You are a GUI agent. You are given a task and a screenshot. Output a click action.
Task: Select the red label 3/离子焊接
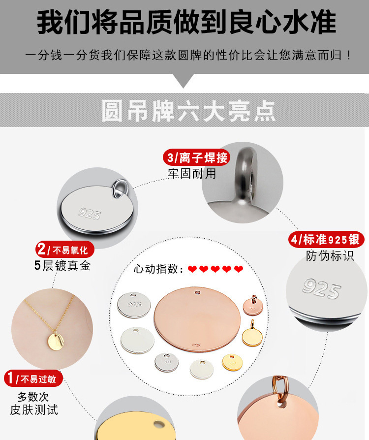click(196, 157)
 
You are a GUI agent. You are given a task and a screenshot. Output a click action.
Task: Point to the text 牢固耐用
click(192, 174)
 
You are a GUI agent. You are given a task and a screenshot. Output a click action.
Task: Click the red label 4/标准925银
click(327, 240)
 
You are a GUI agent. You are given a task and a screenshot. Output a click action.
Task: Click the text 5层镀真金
click(62, 266)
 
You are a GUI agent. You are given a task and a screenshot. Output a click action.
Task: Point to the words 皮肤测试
click(34, 409)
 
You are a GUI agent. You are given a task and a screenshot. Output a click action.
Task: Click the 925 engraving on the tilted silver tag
click(90, 213)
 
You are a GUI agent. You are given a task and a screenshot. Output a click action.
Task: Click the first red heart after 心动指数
click(192, 269)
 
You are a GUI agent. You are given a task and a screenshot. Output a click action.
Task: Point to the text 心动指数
click(158, 269)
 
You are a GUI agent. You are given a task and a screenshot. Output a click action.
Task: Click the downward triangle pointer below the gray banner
click(184, 81)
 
